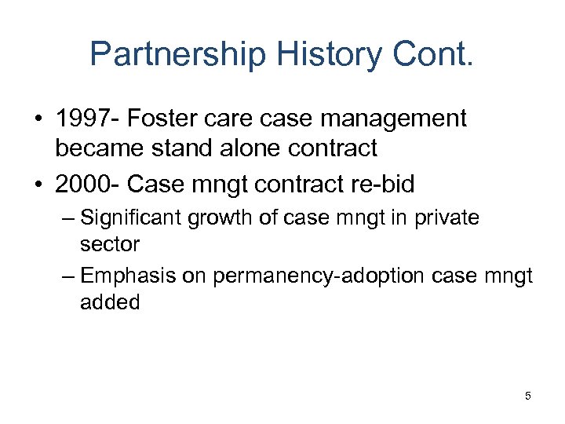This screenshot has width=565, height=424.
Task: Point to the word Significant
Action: click(130, 217)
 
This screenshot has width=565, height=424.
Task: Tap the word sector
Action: click(110, 244)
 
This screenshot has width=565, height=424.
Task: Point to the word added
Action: click(110, 302)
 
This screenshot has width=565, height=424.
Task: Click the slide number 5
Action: click(528, 397)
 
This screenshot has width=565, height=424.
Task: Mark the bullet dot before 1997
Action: click(38, 120)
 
